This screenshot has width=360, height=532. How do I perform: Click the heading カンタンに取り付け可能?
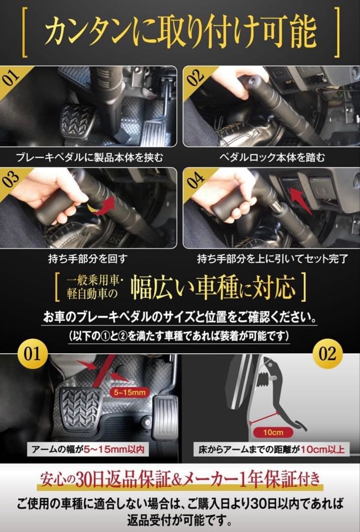(180, 32)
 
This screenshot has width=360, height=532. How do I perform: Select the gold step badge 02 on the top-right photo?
(194, 77)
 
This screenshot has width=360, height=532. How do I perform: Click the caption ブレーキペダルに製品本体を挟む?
(89, 158)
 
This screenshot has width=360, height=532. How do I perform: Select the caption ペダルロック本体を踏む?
(271, 158)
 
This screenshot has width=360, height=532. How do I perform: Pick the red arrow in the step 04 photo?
(301, 200)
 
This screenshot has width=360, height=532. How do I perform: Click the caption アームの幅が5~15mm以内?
(87, 449)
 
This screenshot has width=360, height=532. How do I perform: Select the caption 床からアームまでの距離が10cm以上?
(271, 449)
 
